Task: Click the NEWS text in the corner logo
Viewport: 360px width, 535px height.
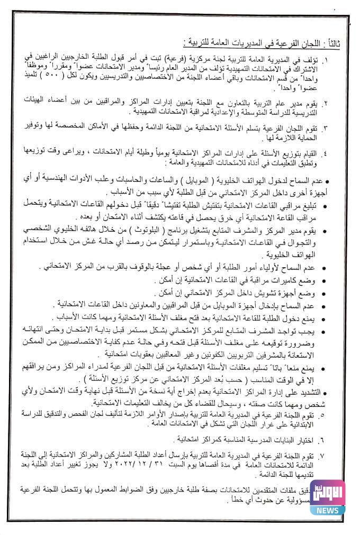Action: point(328,510)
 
